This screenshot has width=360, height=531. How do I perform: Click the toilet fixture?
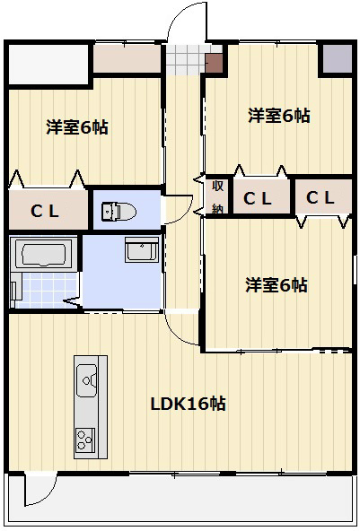(x=118, y=211)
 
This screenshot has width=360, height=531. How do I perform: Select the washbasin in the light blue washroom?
(x=142, y=250)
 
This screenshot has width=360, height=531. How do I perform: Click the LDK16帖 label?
(x=188, y=404)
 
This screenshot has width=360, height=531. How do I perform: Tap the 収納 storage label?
(x=217, y=197)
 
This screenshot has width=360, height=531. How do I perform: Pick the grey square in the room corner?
(x=338, y=58)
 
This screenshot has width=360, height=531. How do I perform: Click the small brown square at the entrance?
(x=215, y=62)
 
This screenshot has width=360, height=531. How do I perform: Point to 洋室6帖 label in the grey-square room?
(x=279, y=115)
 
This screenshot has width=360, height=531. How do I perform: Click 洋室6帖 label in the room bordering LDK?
(x=277, y=285)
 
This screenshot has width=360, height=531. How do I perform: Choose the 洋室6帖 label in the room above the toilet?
(x=77, y=127)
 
